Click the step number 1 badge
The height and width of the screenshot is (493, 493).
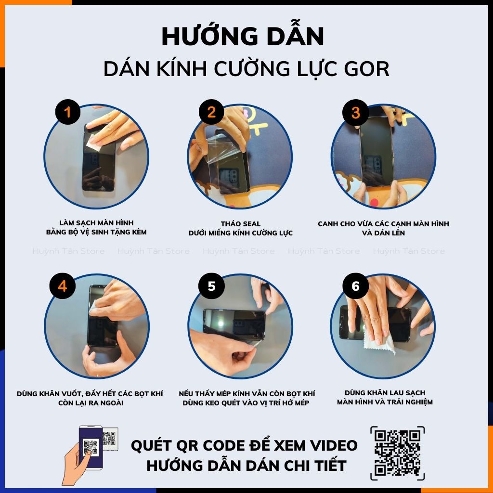tap(67, 113)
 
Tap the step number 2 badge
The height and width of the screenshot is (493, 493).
tap(211, 113)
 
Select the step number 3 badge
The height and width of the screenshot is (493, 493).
tap(355, 113)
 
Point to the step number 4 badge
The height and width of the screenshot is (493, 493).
tap(62, 286)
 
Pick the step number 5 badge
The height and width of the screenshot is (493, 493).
tap(211, 286)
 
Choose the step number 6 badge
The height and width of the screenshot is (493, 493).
tap(355, 286)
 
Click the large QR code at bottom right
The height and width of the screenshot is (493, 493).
tap(397, 453)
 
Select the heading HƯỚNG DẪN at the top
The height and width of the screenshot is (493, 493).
tap(243, 37)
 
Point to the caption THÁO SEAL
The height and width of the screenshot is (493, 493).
tap(241, 224)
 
